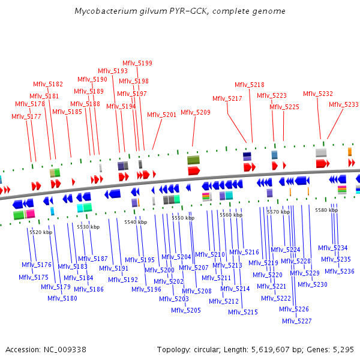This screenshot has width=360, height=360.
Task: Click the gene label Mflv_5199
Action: click(137, 63)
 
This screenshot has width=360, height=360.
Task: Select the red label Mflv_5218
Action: click(249, 85)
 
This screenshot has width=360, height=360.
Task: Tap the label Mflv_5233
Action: click(344, 104)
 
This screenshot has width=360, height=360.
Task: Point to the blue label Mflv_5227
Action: click(297, 321)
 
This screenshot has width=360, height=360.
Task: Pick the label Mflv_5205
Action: click(186, 310)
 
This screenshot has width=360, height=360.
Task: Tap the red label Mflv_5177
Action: click(26, 116)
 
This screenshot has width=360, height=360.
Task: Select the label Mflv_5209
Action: click(196, 112)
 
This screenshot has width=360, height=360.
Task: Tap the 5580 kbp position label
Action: click(326, 210)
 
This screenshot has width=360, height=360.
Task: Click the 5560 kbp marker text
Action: click(231, 214)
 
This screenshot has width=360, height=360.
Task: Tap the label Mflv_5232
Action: click(318, 94)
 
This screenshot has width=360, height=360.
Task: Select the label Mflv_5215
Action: click(243, 312)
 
